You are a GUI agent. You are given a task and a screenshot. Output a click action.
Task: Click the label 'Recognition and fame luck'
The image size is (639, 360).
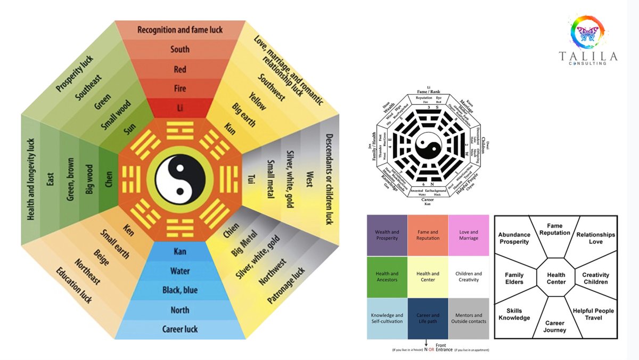coord(180,30)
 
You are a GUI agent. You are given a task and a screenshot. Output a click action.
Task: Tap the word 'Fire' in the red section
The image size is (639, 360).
coord(180,89)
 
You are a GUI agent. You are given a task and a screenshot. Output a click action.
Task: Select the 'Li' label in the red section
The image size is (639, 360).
coord(180,108)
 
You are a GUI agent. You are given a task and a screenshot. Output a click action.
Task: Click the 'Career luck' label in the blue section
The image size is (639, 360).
coord(180,329)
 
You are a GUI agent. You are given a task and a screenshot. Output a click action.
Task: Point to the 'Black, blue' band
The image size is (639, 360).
coord(180,290)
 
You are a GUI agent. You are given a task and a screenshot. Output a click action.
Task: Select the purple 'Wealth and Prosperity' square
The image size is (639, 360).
coord(387,235)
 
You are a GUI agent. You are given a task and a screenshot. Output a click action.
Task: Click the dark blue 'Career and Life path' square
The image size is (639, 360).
coord(428,318)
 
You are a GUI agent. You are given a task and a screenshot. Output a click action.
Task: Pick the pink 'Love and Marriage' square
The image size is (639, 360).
coord(469,235)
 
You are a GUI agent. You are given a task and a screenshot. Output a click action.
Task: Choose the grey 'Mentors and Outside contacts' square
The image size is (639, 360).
coord(469,318)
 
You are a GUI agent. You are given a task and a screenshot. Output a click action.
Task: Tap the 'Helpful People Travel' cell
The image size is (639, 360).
coord(593,314)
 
